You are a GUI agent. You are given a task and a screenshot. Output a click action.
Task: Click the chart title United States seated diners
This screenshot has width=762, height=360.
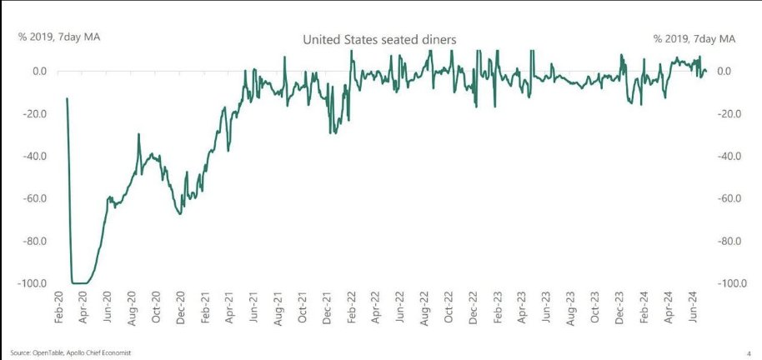(x=378, y=38)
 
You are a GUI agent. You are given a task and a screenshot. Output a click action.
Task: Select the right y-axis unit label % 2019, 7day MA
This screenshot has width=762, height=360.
(x=694, y=38)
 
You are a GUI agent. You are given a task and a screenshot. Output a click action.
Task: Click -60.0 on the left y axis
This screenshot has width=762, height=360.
(x=34, y=198)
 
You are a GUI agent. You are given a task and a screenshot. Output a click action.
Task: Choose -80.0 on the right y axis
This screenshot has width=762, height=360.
(x=726, y=241)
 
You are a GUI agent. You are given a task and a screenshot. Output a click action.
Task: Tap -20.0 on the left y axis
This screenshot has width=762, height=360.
(x=34, y=113)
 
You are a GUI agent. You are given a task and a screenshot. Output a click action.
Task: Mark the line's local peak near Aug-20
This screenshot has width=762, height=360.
(x=138, y=134)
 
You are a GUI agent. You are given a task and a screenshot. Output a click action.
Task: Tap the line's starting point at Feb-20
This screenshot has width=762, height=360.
(x=67, y=98)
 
